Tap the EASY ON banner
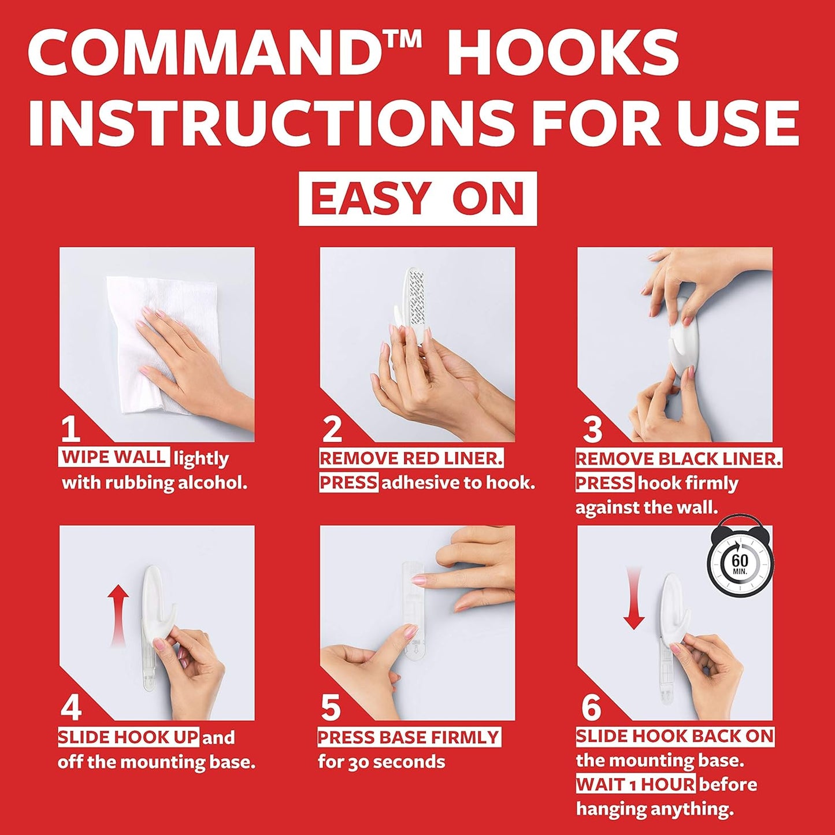417,199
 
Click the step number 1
70,429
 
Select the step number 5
331,708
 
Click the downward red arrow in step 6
634,598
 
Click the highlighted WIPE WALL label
114,457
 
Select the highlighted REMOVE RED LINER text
411,459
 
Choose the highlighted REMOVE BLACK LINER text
678,459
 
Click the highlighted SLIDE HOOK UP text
128,737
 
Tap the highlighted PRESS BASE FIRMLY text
409,737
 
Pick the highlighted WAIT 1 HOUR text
636,784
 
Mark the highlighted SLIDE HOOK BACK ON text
674,736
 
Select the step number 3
592,429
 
